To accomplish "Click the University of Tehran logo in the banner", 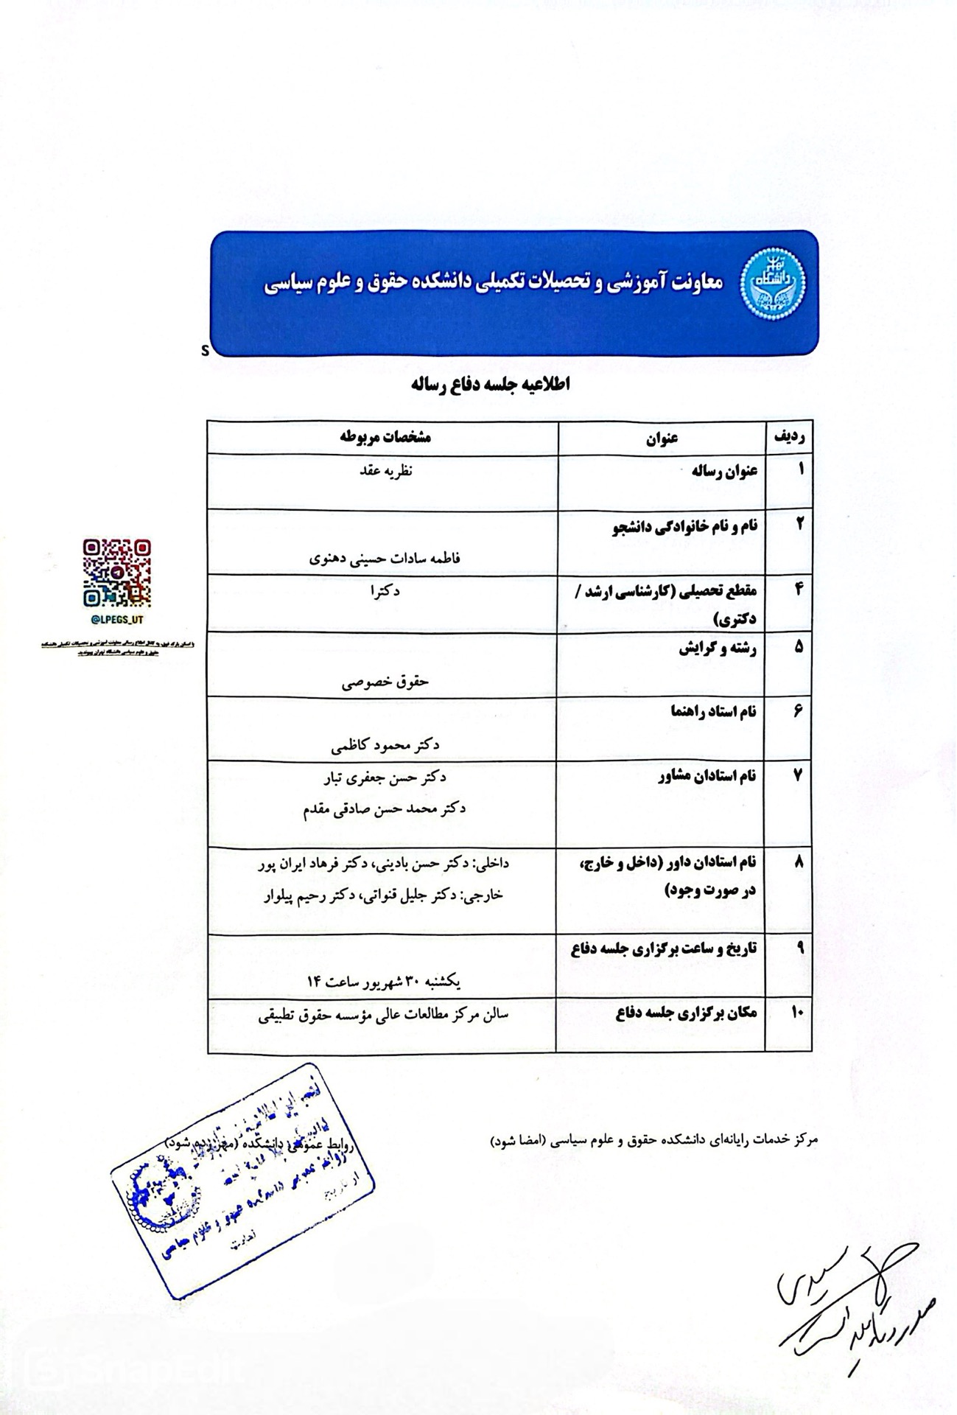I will point(773,284).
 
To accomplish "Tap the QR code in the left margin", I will point(117,573).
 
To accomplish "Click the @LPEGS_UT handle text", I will point(117,620).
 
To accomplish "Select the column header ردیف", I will point(789,436).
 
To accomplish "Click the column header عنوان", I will point(662,438).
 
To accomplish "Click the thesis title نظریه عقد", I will point(383,469).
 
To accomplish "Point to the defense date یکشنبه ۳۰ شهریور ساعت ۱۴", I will point(384,982).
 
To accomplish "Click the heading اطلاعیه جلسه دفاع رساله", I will point(491,385).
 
